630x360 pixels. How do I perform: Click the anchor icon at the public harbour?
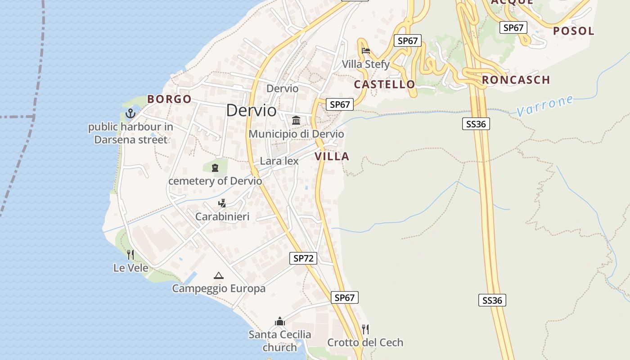(130, 113)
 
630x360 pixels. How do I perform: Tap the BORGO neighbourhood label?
(169, 99)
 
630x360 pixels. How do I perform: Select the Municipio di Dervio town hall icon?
(296, 120)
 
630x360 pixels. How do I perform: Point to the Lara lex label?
(279, 161)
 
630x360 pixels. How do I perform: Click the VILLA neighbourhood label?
(332, 156)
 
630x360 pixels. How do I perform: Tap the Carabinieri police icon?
(222, 203)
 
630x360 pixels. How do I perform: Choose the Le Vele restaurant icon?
(130, 255)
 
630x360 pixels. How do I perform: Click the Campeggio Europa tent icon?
(219, 275)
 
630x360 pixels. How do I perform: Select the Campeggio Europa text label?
(219, 288)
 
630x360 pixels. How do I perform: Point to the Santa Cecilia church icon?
(280, 321)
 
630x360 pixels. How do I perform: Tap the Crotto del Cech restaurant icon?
(365, 329)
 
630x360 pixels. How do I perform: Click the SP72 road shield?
(304, 258)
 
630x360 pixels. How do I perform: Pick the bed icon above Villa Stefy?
(365, 50)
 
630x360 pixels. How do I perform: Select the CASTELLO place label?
(384, 84)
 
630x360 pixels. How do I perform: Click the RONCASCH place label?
(516, 80)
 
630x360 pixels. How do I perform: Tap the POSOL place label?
(574, 31)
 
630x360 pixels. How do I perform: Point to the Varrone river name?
(545, 105)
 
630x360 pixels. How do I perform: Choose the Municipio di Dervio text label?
(296, 134)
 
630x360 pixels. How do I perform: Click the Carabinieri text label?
(222, 216)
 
